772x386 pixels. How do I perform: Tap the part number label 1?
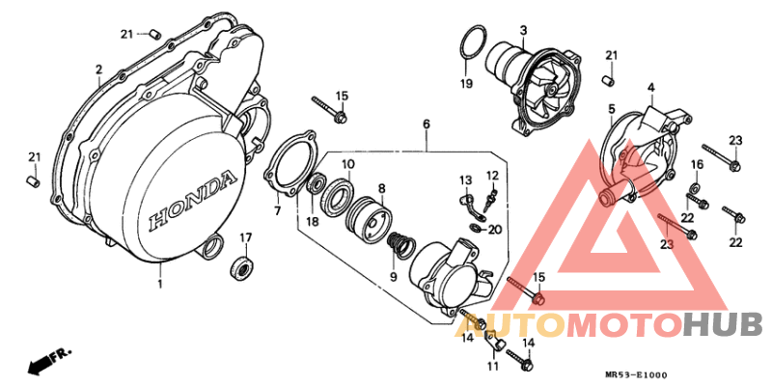click(x=160, y=284)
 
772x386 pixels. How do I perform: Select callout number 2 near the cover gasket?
click(x=98, y=69)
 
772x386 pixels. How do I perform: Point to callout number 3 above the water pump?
click(x=522, y=30)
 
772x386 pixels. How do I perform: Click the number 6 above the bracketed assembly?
click(x=426, y=124)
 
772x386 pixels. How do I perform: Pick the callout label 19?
click(x=467, y=84)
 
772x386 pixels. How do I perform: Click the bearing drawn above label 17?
click(x=242, y=266)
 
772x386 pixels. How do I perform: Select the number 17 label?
click(x=245, y=237)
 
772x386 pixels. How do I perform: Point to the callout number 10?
click(x=347, y=165)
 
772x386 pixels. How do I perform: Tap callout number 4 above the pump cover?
click(x=650, y=88)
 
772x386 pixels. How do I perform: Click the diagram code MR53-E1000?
click(x=637, y=374)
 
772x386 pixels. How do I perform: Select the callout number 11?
click(x=492, y=367)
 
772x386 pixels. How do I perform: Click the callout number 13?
click(x=465, y=179)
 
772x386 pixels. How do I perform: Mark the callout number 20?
click(x=494, y=230)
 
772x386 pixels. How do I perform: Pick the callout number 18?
click(x=312, y=221)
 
